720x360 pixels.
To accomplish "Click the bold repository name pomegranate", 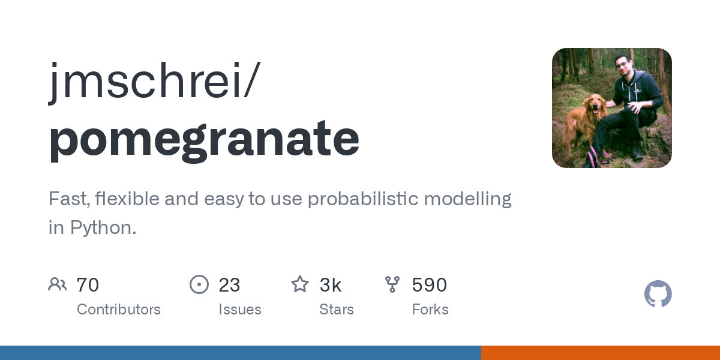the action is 204,140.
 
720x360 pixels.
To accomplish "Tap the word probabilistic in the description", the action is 363,199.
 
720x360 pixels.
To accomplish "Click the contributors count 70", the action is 88,285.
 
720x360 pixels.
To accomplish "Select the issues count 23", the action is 229,285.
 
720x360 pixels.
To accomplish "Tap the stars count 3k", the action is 330,285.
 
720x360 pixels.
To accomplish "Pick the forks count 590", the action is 430,285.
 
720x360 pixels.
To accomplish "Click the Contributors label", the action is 119,310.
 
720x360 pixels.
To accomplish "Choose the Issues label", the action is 240,310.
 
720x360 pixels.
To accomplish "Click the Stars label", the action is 336,310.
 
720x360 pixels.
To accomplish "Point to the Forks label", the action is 430,310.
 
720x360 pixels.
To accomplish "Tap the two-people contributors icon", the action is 58,284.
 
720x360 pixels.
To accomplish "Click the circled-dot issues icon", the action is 199,284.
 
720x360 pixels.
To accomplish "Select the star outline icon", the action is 300,284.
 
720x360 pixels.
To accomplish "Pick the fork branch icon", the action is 392,284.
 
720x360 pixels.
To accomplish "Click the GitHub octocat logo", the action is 658,294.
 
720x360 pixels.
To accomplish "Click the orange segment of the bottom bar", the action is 601,353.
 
